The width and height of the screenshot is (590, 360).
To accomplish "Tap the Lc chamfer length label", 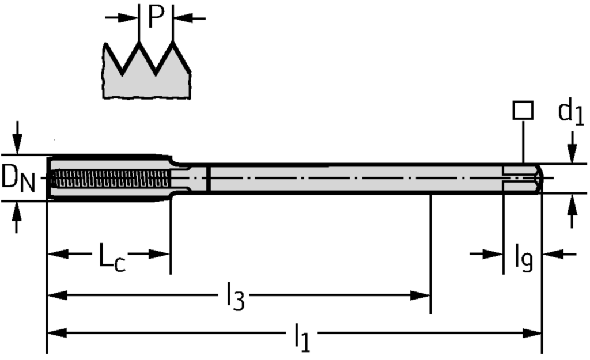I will [x=109, y=257].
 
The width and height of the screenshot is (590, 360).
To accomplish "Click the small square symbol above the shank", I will [x=523, y=110].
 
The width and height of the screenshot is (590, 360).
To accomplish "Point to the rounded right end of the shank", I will [x=539, y=178].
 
